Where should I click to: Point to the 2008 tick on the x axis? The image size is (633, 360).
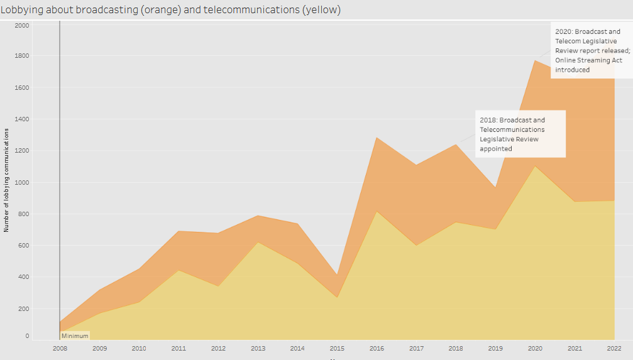click(60, 348)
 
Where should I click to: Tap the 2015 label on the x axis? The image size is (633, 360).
click(337, 348)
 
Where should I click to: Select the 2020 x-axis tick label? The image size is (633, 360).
click(535, 348)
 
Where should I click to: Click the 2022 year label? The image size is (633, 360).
click(614, 348)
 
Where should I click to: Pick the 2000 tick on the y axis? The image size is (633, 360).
click(22, 25)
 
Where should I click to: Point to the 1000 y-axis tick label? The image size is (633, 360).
click(22, 182)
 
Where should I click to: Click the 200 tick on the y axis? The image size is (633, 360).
click(23, 308)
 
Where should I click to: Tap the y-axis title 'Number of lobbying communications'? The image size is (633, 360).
click(6, 180)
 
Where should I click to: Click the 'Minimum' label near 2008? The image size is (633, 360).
click(75, 336)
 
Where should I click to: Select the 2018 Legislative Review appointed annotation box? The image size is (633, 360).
click(520, 134)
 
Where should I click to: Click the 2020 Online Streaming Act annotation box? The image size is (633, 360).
click(588, 50)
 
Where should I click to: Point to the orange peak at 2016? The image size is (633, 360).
click(376, 138)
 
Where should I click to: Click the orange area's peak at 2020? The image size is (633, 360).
click(535, 60)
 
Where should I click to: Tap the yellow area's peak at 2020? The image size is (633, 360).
click(535, 166)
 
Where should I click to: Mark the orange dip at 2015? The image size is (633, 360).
click(337, 275)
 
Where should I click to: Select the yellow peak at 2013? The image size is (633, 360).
click(258, 243)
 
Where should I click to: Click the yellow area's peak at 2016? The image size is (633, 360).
click(376, 212)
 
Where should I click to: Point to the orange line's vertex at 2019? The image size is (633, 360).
click(495, 187)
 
